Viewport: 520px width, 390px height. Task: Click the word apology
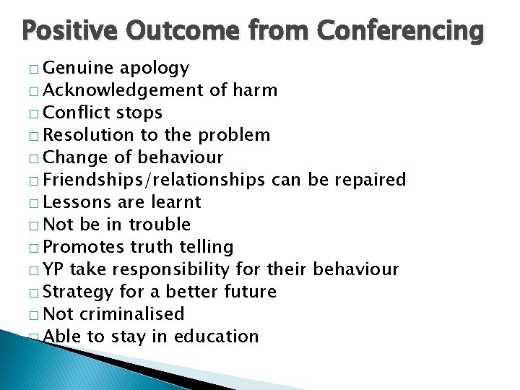tap(154, 69)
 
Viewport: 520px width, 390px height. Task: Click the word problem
tap(235, 135)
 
